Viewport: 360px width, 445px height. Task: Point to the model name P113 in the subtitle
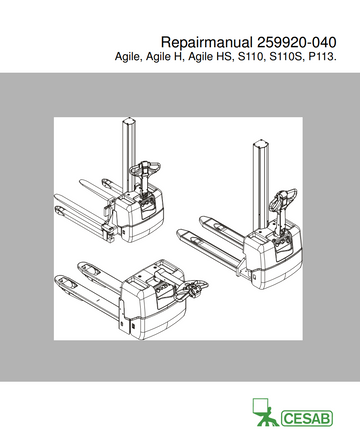[325, 61]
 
